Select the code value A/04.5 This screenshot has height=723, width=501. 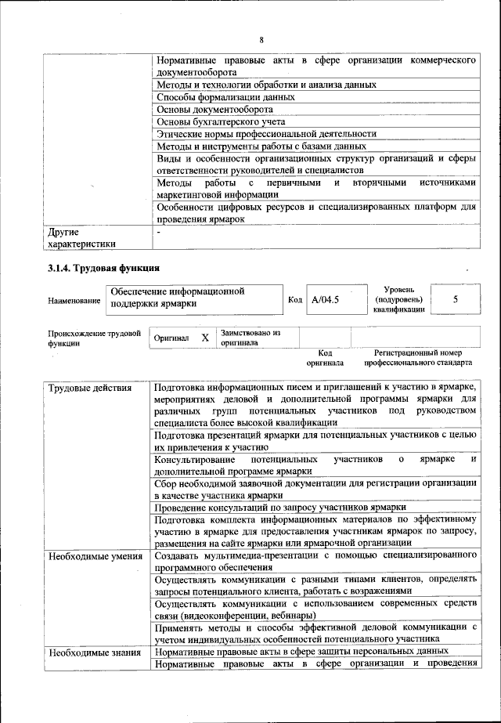click(x=326, y=298)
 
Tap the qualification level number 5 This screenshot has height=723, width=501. click(x=456, y=298)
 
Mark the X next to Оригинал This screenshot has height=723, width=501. click(x=204, y=338)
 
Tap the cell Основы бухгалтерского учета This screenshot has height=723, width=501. click(x=220, y=122)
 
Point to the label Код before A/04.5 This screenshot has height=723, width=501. click(x=294, y=299)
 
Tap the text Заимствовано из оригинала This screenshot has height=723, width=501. click(x=250, y=338)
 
